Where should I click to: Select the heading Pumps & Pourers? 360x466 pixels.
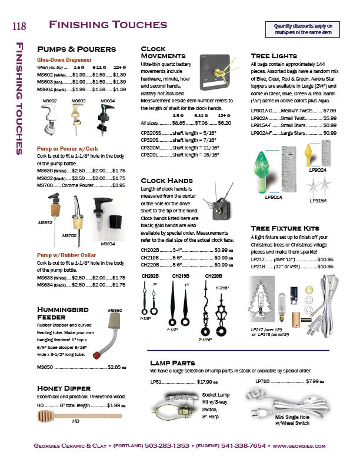(x=76, y=49)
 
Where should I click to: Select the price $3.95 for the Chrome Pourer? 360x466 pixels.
(x=118, y=185)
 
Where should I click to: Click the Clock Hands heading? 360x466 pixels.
(x=167, y=180)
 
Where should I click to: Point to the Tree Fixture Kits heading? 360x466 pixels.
(x=285, y=228)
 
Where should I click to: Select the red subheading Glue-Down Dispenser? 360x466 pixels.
(x=64, y=60)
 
